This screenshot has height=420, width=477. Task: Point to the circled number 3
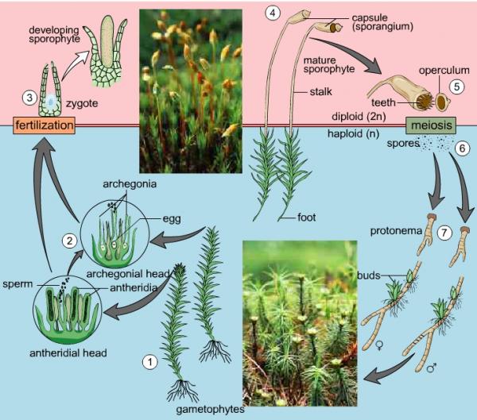pyautogui.click(x=29, y=98)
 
